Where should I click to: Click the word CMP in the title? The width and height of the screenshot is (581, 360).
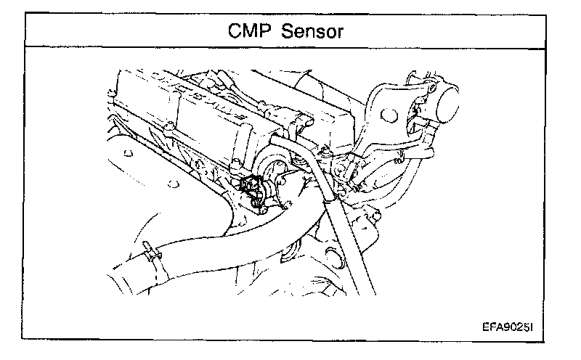tap(252, 31)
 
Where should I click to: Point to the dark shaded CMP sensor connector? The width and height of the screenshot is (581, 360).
tap(252, 189)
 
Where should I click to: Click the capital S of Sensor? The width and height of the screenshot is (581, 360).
tap(292, 31)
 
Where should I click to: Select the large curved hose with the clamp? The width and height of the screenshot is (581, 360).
tap(203, 232)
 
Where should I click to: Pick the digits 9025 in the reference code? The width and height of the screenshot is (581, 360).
tap(513, 327)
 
